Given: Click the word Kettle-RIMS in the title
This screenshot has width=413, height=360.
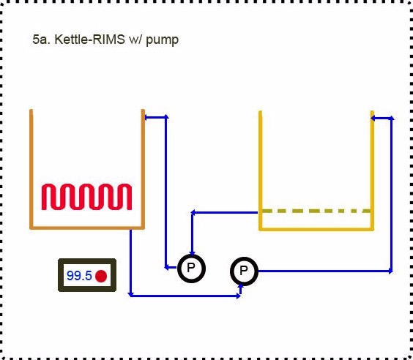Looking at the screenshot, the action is click(89, 40).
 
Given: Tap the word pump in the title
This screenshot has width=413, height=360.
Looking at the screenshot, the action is click(163, 41).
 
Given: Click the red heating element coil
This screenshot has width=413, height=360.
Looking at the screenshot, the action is click(86, 197).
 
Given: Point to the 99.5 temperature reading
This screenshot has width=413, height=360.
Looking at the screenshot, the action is click(79, 276).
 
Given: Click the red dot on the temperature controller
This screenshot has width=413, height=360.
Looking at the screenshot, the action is click(101, 276).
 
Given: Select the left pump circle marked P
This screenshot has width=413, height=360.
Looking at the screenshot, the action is click(191, 269).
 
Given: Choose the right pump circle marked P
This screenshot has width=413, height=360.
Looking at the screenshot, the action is click(244, 271).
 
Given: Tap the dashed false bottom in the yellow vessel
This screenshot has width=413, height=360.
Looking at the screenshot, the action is click(316, 211).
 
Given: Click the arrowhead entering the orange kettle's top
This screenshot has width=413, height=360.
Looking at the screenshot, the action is click(147, 117).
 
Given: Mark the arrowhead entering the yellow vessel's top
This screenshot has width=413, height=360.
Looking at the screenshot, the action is click(373, 118).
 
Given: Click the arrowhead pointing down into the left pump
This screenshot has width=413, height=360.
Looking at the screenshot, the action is click(193, 253).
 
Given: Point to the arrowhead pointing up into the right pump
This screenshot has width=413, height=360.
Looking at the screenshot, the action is click(240, 286).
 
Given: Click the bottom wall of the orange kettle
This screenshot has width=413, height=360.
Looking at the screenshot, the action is click(87, 228).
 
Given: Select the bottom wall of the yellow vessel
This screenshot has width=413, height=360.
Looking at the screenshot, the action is click(316, 229).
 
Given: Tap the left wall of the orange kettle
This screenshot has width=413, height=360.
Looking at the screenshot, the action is click(31, 169).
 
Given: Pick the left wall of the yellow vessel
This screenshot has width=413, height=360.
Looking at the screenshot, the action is click(261, 170).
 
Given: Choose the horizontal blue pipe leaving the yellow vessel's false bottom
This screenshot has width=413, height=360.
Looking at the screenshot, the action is click(225, 212).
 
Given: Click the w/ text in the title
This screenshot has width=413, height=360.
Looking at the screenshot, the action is click(135, 40).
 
